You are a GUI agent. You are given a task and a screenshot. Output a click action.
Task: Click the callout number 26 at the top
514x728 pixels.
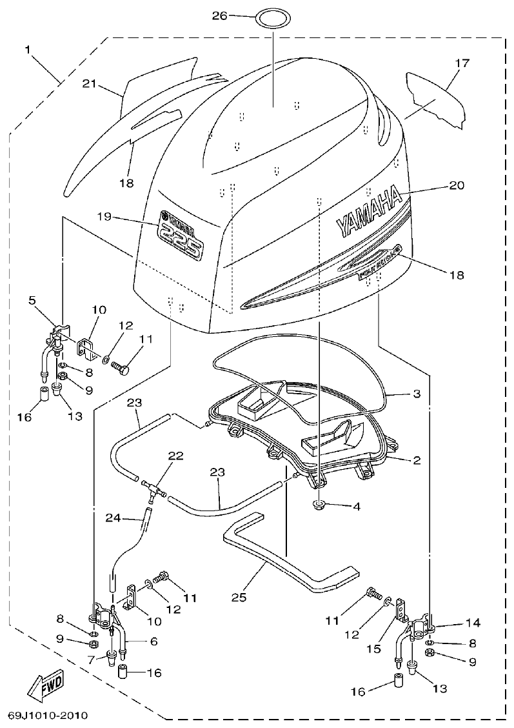coord(220,15)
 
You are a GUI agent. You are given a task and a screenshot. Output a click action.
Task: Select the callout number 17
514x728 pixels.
coord(462,63)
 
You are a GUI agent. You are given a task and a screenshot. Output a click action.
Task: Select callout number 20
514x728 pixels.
coord(456,185)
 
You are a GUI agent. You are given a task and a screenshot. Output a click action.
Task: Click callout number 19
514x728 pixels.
coord(105,217)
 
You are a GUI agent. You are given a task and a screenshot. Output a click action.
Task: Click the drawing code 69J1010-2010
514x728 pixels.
coord(48,716)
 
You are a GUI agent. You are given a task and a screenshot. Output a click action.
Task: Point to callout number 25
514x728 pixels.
coord(239,597)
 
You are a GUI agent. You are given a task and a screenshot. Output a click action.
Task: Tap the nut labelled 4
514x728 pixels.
coord(318,504)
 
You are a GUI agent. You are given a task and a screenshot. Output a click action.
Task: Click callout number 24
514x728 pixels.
coord(114,517)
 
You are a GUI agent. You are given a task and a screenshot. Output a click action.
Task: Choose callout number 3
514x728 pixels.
coord(417,393)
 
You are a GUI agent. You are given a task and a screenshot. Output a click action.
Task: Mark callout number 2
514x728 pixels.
coord(417,460)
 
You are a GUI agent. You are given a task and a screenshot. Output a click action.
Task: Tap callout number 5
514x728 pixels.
coord(31,299)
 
